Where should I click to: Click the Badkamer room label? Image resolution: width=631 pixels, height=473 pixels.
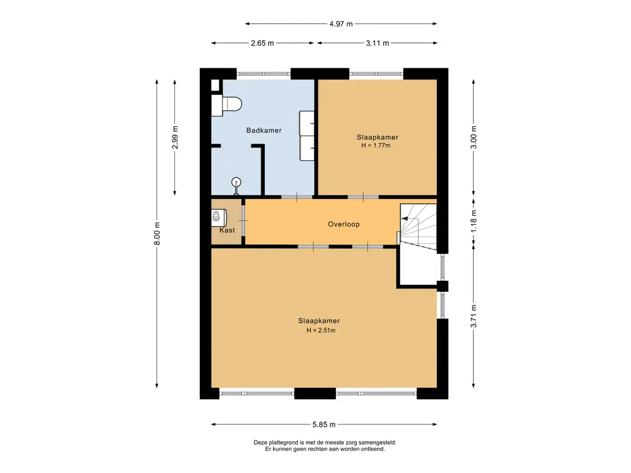[x=264, y=131]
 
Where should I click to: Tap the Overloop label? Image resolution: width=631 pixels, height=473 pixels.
[x=343, y=224]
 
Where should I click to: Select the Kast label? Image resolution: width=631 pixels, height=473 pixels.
[x=227, y=230]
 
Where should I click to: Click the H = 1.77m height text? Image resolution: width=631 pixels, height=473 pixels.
[x=376, y=146]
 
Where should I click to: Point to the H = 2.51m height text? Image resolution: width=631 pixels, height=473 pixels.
[x=320, y=330]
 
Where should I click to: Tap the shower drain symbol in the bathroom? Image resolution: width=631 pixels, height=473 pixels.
[x=235, y=182]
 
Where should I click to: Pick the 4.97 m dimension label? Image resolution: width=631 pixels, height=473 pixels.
[x=341, y=24]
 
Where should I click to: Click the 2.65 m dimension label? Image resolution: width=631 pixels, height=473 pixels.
[x=263, y=43]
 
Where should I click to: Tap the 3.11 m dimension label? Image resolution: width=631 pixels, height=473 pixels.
[x=377, y=43]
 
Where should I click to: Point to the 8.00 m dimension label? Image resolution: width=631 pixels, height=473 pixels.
[x=157, y=233]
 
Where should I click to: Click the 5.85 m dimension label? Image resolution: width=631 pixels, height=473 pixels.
[x=324, y=424]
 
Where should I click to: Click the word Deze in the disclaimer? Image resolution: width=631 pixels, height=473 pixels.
[x=261, y=442]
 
